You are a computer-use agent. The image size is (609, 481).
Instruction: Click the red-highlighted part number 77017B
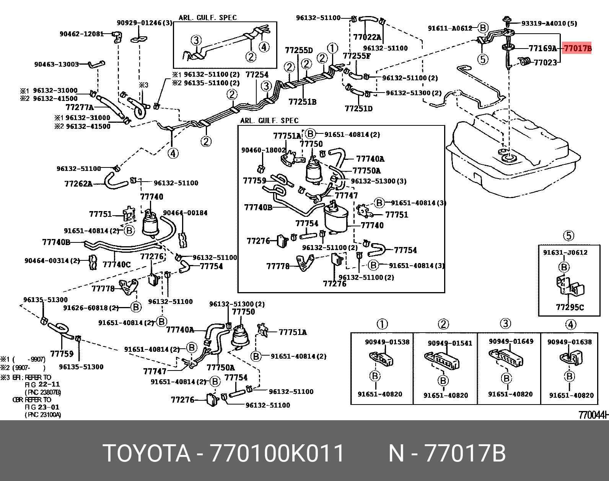(577, 48)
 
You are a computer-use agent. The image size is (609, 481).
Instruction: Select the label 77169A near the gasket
(542, 48)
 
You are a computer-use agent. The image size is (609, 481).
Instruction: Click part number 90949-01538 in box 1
(387, 342)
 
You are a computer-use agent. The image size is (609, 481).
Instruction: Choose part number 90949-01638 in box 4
(569, 342)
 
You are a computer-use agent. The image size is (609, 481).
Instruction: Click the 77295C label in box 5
(570, 307)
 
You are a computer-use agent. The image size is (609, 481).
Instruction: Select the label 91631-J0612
(565, 252)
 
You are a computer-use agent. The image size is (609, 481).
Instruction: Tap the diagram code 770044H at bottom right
(593, 415)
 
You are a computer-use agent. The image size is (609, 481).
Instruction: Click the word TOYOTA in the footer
(147, 453)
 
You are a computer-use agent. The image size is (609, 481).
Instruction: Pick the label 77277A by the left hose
(80, 107)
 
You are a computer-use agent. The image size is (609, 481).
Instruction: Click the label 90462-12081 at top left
(81, 34)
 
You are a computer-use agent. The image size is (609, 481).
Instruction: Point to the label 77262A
(78, 184)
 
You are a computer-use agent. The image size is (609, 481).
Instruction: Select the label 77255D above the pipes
(298, 50)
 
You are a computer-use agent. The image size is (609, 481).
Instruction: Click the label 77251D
(358, 109)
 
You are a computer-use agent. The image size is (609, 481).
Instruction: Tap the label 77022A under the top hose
(367, 37)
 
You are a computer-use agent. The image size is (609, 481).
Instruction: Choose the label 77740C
(117, 264)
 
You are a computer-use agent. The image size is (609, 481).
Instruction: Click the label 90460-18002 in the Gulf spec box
(263, 150)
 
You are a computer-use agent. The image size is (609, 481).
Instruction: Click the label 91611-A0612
(450, 28)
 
